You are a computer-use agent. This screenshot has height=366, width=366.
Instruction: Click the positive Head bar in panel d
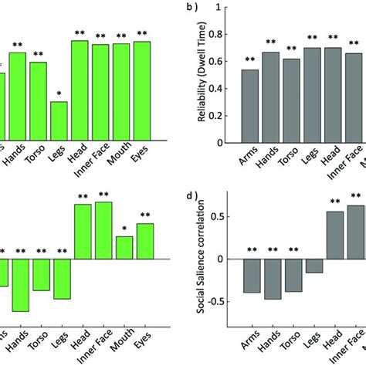click(334, 246)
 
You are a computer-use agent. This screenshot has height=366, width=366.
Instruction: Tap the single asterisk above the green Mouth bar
click(120, 229)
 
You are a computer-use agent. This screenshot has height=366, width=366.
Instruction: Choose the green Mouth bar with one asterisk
click(120, 246)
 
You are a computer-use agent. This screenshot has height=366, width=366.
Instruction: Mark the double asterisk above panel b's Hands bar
click(271, 44)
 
